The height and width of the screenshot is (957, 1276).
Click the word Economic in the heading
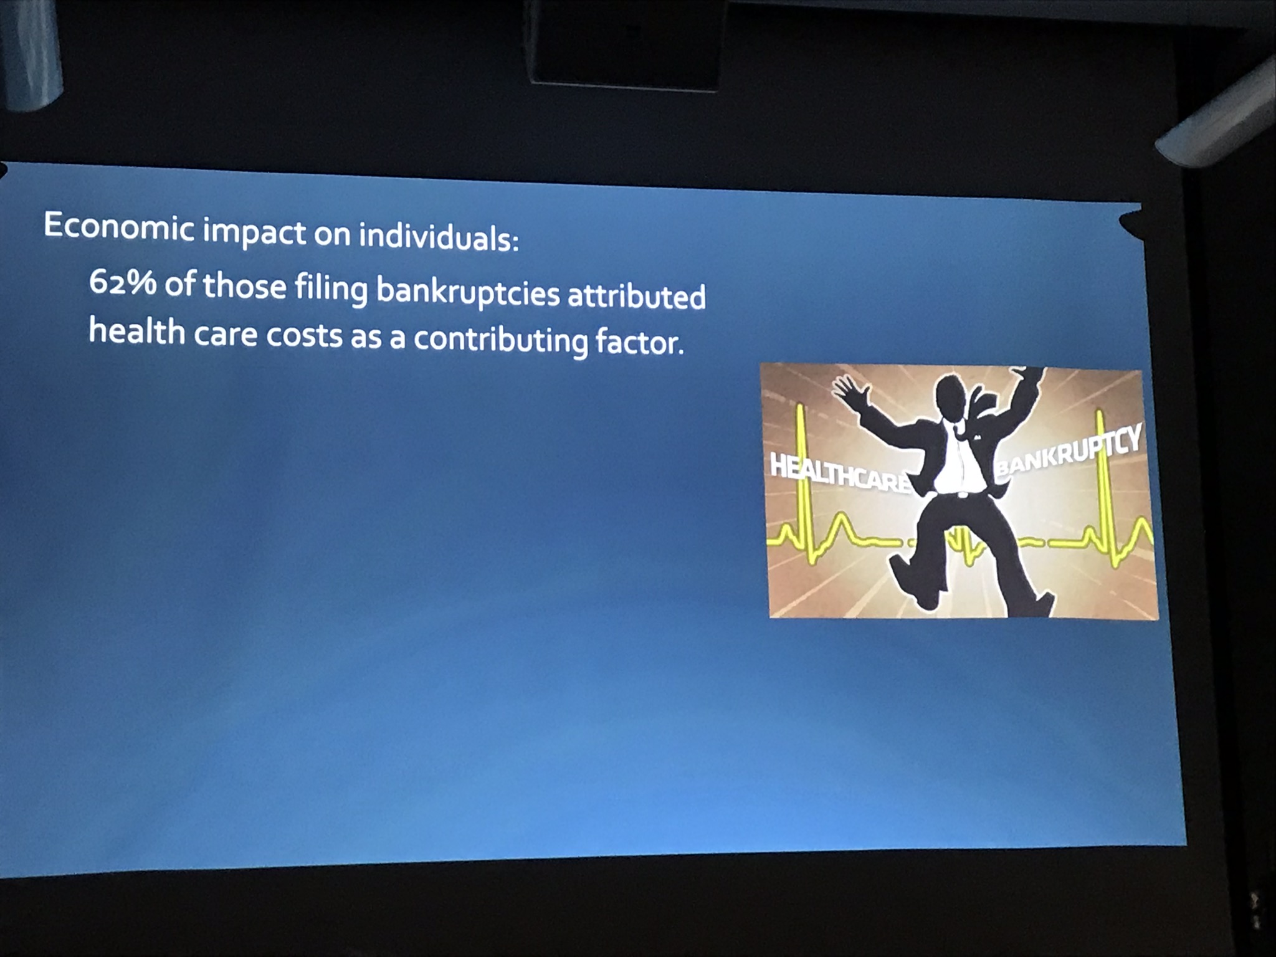[x=118, y=226]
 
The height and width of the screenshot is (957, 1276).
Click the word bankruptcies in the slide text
[x=468, y=292]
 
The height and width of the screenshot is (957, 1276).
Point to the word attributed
[x=636, y=295]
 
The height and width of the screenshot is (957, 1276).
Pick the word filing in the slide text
[x=331, y=288]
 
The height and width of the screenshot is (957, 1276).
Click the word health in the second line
[x=137, y=330]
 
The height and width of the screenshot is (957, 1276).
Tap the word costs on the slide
[x=305, y=335]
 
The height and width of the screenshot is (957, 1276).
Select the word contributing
[x=500, y=340]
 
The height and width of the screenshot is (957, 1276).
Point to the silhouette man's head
[x=951, y=397]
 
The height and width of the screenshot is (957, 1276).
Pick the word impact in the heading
[x=255, y=231]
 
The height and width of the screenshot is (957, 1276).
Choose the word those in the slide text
[x=244, y=285]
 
